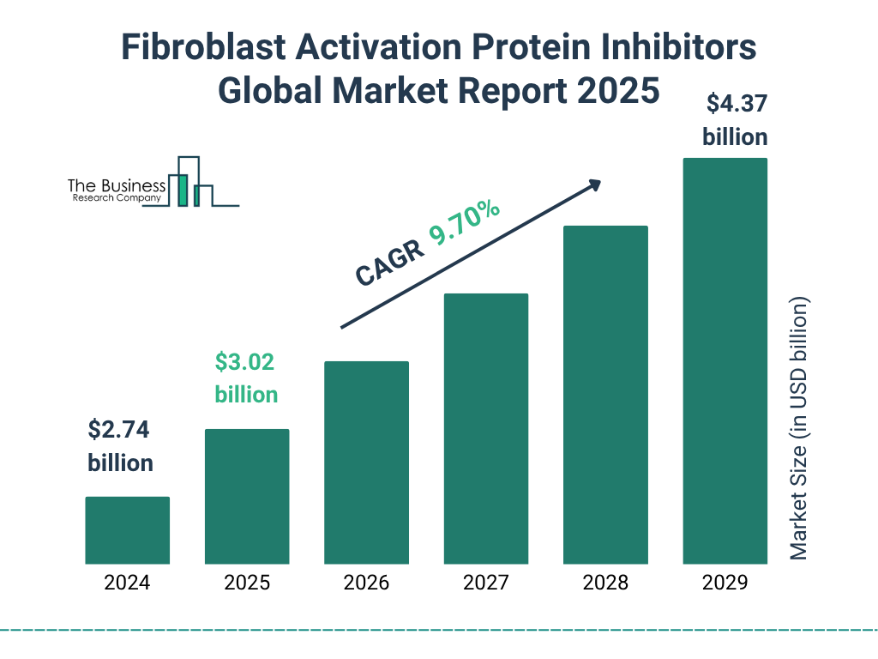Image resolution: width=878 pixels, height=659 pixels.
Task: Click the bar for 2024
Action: pyautogui.click(x=127, y=530)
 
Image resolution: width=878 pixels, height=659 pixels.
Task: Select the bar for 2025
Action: pyautogui.click(x=247, y=496)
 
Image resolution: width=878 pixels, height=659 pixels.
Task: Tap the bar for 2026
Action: pyautogui.click(x=366, y=463)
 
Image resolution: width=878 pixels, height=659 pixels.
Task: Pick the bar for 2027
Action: pyautogui.click(x=485, y=428)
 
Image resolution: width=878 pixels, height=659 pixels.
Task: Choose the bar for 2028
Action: pyautogui.click(x=605, y=395)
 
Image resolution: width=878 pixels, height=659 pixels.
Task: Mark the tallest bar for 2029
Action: pyautogui.click(x=725, y=360)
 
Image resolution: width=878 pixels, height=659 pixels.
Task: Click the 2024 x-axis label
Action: pyautogui.click(x=127, y=583)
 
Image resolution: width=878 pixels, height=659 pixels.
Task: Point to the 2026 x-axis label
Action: pyautogui.click(x=366, y=583)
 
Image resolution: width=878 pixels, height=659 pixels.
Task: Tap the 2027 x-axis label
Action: pyautogui.click(x=485, y=583)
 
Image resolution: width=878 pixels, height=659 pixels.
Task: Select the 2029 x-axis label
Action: pyautogui.click(x=725, y=583)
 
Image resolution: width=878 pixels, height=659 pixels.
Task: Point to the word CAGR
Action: pyautogui.click(x=388, y=263)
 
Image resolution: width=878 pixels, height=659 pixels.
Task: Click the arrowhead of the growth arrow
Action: pyautogui.click(x=593, y=184)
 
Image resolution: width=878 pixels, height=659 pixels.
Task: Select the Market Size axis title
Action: pyautogui.click(x=799, y=429)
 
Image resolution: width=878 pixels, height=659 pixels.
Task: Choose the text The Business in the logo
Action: pyautogui.click(x=117, y=186)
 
